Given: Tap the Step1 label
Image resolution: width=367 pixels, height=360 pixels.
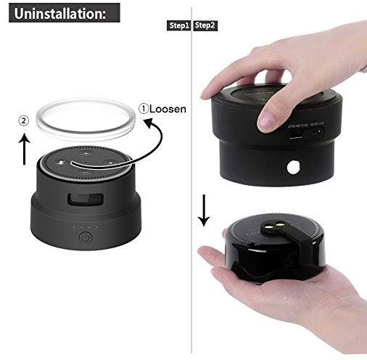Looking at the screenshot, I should pyautogui.click(x=178, y=25).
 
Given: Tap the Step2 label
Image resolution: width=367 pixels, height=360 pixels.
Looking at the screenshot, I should pyautogui.click(x=205, y=25).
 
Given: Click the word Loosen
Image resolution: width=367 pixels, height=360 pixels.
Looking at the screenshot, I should pyautogui.click(x=168, y=108).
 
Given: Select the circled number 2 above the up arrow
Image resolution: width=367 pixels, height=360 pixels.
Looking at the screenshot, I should pyautogui.click(x=24, y=121).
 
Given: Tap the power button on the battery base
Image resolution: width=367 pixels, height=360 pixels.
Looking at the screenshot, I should pyautogui.click(x=85, y=236).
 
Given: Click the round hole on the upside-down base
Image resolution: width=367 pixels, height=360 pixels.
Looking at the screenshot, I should pyautogui.click(x=294, y=168).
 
